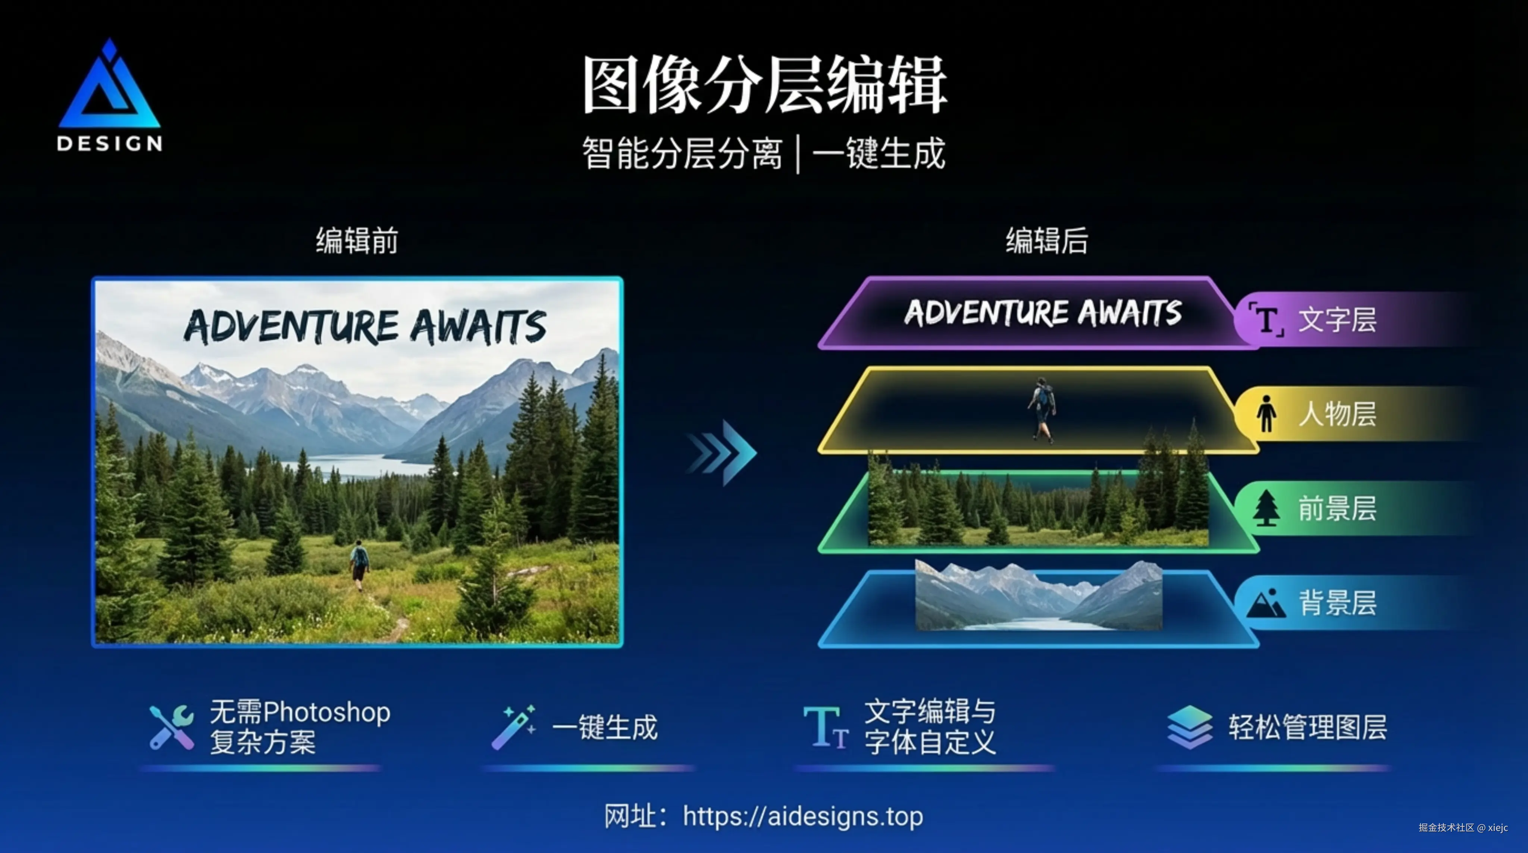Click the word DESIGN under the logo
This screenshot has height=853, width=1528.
[109, 144]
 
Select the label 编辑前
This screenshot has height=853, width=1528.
[357, 241]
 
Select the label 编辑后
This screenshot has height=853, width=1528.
[1046, 241]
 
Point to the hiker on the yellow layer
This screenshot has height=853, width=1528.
[1042, 410]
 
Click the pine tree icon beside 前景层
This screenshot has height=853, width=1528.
[1266, 508]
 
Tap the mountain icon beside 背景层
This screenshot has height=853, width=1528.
[1266, 604]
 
